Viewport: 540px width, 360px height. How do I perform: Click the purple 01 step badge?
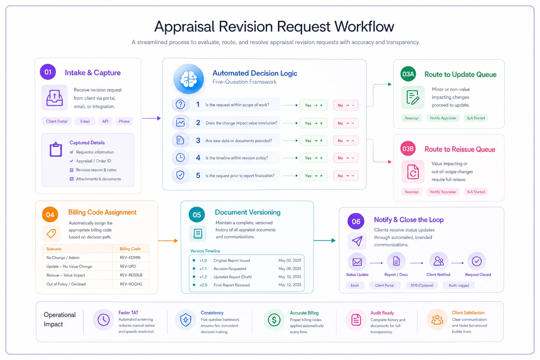point(48,72)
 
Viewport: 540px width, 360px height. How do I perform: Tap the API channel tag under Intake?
point(105,121)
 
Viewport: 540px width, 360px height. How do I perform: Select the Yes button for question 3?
point(313,141)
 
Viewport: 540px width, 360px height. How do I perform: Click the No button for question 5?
point(346,176)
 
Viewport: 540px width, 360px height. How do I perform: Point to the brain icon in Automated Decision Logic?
point(188,79)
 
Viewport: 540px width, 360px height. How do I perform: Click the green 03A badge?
point(408,74)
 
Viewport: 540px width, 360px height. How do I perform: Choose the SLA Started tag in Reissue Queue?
point(476,192)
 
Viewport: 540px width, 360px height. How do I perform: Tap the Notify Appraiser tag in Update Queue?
point(443,118)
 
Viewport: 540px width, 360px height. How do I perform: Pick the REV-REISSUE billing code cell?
point(131,275)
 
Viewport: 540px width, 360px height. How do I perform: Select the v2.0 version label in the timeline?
point(203,285)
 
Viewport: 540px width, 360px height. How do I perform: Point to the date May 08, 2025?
point(290,269)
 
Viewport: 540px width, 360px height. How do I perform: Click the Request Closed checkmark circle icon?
point(477,261)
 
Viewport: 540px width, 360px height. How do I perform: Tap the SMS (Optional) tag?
point(422,285)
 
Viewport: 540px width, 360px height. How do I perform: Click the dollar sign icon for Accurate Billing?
point(274,320)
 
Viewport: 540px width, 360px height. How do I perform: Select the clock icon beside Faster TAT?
point(103,320)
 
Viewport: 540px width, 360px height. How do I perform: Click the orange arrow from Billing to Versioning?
point(168,240)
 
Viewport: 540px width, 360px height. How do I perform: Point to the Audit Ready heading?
point(382,313)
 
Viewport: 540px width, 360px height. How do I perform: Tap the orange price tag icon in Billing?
point(51,233)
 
